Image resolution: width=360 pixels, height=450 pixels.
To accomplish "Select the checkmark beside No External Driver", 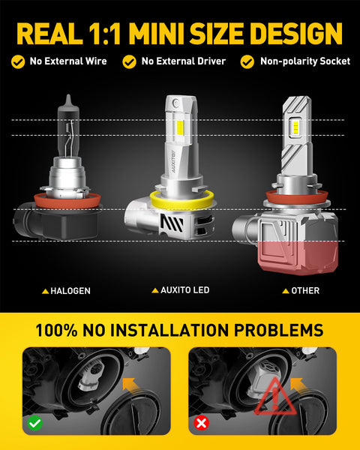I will coord(130,61).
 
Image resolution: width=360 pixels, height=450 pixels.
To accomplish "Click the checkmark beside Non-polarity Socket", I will coord(247,61).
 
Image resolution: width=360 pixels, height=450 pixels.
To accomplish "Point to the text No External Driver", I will coord(182,61).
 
